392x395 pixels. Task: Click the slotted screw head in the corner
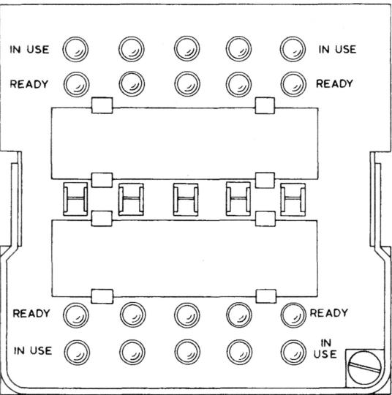pos(364,368)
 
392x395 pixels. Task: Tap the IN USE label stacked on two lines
pos(325,349)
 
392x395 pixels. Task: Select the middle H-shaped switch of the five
pos(186,199)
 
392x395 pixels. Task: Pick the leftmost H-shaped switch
pos(75,199)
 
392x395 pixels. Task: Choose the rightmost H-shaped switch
pos(293,200)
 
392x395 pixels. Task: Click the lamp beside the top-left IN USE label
pos(75,49)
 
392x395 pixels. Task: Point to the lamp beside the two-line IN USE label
pos(293,352)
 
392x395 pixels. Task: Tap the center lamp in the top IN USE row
pos(186,48)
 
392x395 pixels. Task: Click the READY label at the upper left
pos(29,84)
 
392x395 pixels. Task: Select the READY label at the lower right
pos(329,313)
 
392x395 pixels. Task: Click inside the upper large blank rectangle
pos(184,143)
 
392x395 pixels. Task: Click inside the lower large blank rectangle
pos(184,258)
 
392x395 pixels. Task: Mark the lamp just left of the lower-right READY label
pos(293,315)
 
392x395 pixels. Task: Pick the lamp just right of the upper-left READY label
pos(76,84)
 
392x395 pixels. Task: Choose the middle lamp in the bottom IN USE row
pos(187,352)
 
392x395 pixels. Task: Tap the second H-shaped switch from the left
pos(131,199)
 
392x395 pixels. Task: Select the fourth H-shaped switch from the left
pos(238,199)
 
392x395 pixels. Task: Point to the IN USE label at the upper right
pos(338,50)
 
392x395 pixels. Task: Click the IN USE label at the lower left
pos(33,350)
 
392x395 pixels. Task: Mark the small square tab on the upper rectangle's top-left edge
pos(102,105)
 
